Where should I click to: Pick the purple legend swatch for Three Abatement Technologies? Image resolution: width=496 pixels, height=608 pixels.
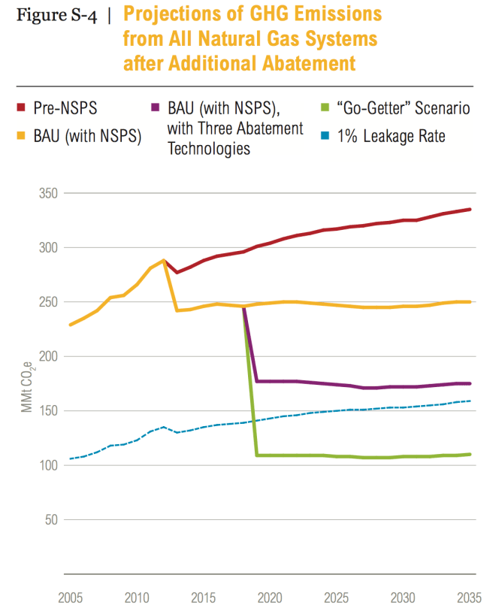[x=155, y=109]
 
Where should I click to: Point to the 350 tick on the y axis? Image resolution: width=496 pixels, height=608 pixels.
[x=50, y=193]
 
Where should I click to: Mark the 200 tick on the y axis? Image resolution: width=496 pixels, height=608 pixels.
[x=50, y=356]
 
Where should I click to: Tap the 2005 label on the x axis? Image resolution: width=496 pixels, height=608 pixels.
[x=71, y=598]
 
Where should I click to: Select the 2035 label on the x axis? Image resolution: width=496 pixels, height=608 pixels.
[x=470, y=598]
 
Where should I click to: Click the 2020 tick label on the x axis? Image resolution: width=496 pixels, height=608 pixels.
[x=270, y=598]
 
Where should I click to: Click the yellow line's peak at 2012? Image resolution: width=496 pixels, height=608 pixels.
[x=164, y=260]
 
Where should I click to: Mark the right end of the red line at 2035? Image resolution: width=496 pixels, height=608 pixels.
[x=470, y=209]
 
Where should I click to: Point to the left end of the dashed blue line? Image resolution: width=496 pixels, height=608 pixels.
[x=71, y=458]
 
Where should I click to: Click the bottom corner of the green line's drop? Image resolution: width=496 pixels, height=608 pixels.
[x=257, y=455]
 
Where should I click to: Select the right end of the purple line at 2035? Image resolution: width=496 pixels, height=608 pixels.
[x=470, y=383]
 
